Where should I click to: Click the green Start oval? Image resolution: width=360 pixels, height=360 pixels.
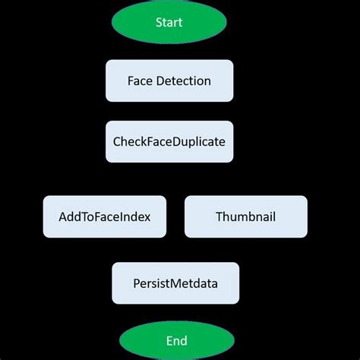point(169,22)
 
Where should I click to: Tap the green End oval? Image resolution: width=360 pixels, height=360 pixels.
point(176,340)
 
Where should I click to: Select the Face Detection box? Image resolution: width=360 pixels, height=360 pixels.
point(169,81)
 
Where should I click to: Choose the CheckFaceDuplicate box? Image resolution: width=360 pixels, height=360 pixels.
point(169,141)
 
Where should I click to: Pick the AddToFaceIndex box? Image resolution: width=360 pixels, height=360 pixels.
point(104,216)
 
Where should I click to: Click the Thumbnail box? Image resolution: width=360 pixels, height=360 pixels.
point(245,216)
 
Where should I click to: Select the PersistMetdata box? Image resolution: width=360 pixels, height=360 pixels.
point(175,283)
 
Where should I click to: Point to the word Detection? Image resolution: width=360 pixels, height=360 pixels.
point(184,81)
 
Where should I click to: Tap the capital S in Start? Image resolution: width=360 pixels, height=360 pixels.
point(158,22)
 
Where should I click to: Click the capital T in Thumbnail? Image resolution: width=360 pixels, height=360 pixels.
point(219,216)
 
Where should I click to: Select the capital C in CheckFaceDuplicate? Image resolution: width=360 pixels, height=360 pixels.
point(116,141)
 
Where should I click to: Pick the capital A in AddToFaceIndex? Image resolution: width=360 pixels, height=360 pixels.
point(62,216)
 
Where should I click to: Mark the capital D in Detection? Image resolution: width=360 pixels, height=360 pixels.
point(160,81)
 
